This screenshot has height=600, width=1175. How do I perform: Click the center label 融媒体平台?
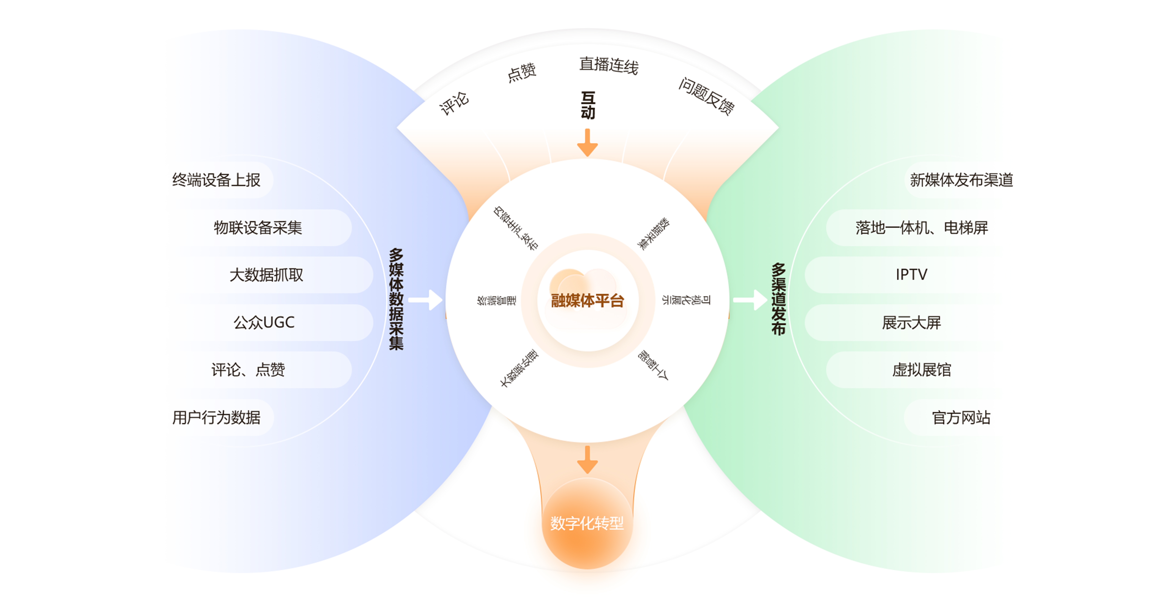587,301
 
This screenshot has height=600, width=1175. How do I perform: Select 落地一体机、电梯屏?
921,228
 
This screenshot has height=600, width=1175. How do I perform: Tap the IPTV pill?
911,275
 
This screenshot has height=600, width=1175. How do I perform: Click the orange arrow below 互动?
587,142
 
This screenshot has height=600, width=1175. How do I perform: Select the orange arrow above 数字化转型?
587,459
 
